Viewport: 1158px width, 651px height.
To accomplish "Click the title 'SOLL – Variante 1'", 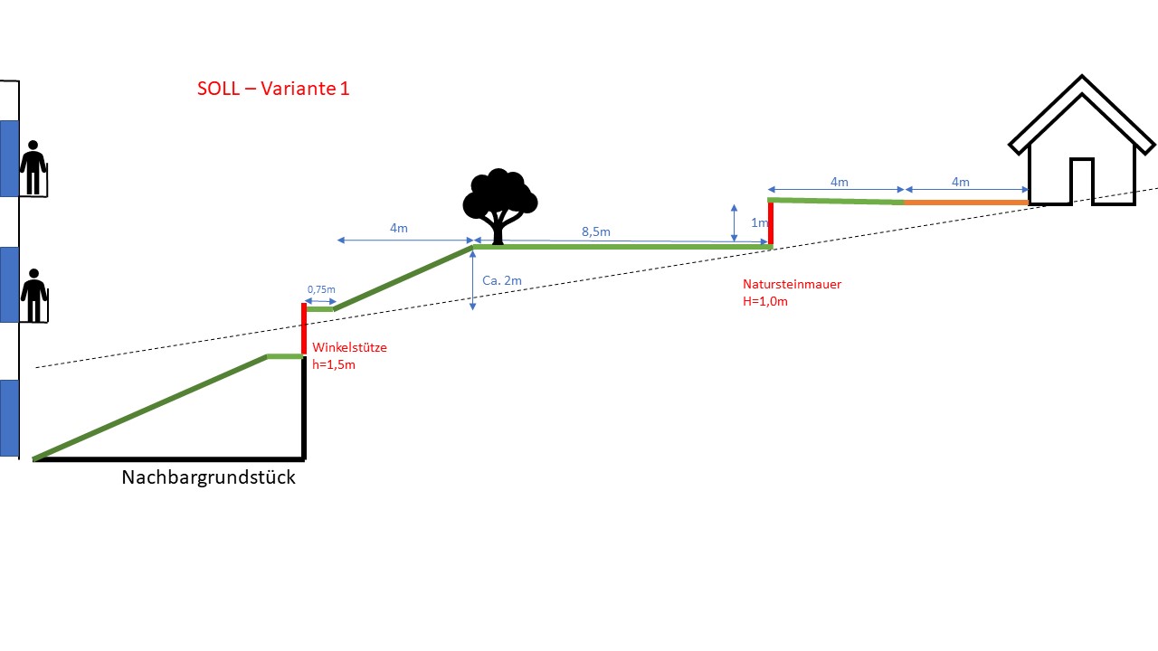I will [x=273, y=89].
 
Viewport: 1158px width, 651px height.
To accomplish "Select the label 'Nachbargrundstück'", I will [x=208, y=477].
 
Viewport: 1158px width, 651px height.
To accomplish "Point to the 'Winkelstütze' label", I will [x=349, y=347].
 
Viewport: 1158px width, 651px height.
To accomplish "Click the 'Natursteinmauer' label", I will [x=792, y=284].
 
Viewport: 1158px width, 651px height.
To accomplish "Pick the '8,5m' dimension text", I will [x=595, y=232].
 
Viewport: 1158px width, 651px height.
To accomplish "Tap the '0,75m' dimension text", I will [x=320, y=289].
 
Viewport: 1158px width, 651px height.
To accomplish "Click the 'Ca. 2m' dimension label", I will [x=501, y=281].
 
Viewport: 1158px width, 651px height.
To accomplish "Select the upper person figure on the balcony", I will [x=33, y=167].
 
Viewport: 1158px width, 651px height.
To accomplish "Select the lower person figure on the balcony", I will [x=33, y=295].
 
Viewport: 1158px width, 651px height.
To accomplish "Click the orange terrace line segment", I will [x=966, y=203].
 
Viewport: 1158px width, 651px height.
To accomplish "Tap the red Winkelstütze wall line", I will [x=304, y=330].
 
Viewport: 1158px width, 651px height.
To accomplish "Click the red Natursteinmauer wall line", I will [x=771, y=222].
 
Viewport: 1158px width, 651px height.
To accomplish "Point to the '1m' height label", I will [x=759, y=223].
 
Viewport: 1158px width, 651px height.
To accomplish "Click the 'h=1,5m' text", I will [x=333, y=364].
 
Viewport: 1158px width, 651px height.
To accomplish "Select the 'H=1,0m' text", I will [x=764, y=301].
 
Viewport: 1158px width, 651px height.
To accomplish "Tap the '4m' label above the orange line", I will [x=960, y=183].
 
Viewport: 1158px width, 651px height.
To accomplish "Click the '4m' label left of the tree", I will [x=398, y=229].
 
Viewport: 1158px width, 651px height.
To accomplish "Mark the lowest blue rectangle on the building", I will [x=9, y=418].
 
